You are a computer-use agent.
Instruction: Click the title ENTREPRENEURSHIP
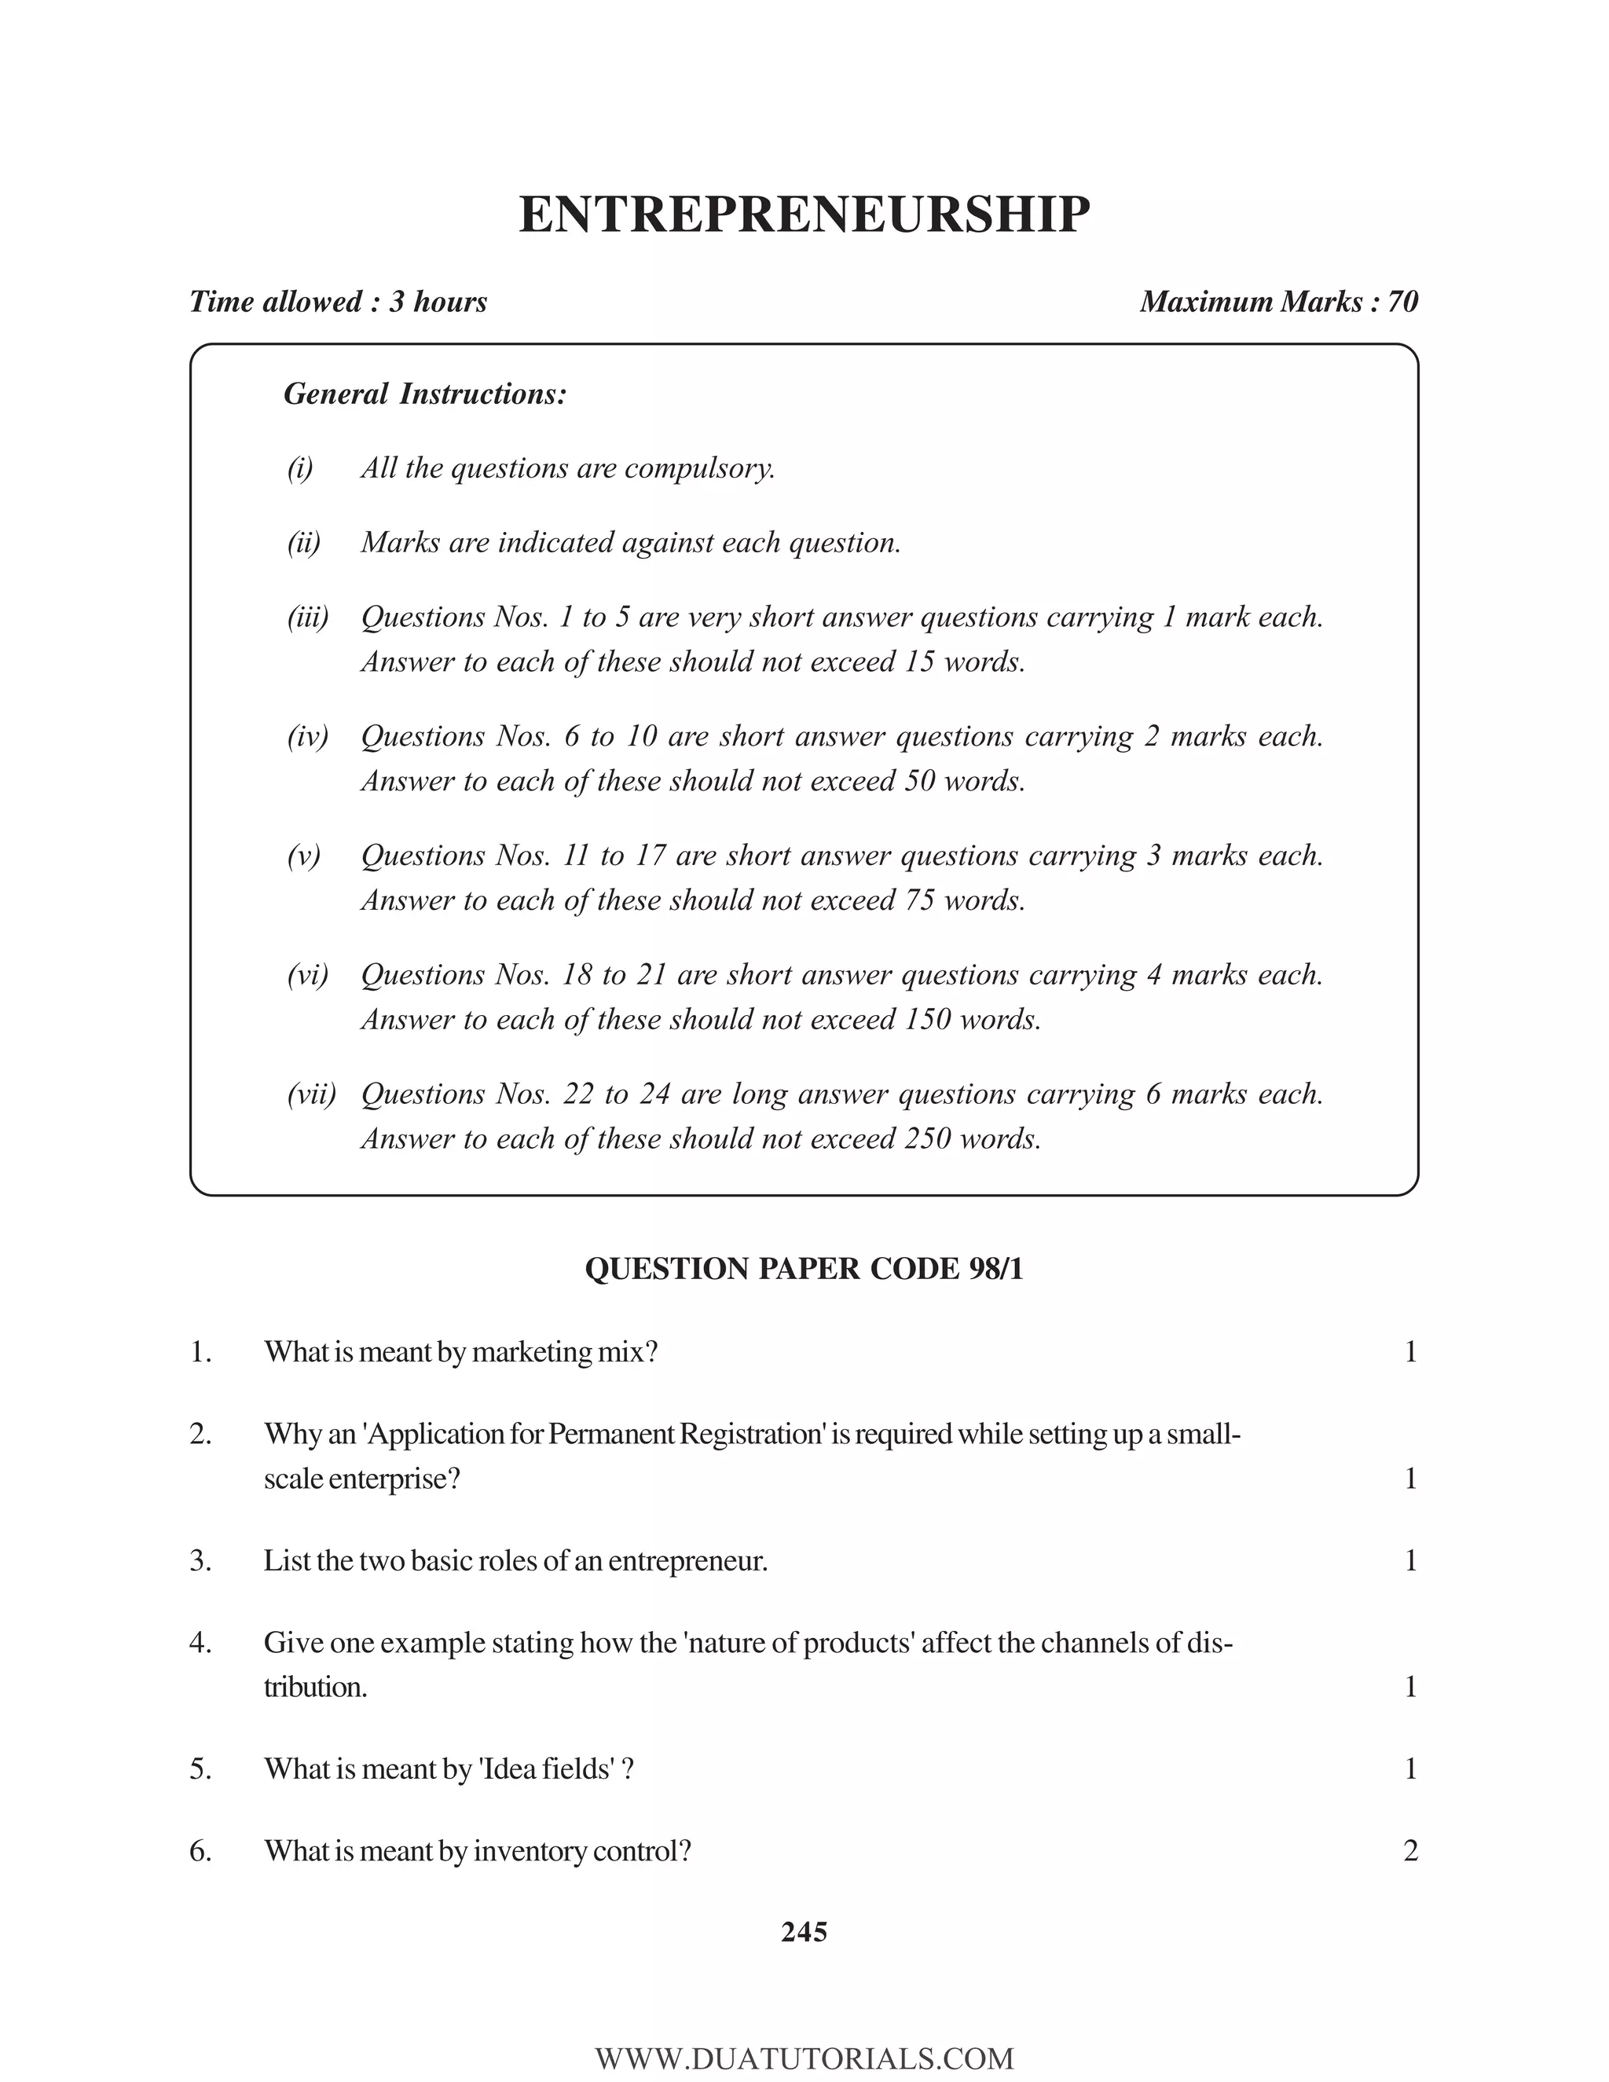804,214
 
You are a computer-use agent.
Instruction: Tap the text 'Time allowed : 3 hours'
339,302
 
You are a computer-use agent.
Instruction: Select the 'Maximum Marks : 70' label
1278,302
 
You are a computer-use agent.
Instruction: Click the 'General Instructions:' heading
425,394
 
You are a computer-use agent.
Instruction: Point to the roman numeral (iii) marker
307,618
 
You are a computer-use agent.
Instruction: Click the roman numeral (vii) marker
311,1094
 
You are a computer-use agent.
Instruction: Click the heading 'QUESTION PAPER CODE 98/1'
804,1269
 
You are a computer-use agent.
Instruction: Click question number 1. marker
200,1352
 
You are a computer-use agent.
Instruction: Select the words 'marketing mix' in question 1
558,1352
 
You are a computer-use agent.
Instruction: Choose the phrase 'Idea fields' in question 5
547,1769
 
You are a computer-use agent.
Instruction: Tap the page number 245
804,1933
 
